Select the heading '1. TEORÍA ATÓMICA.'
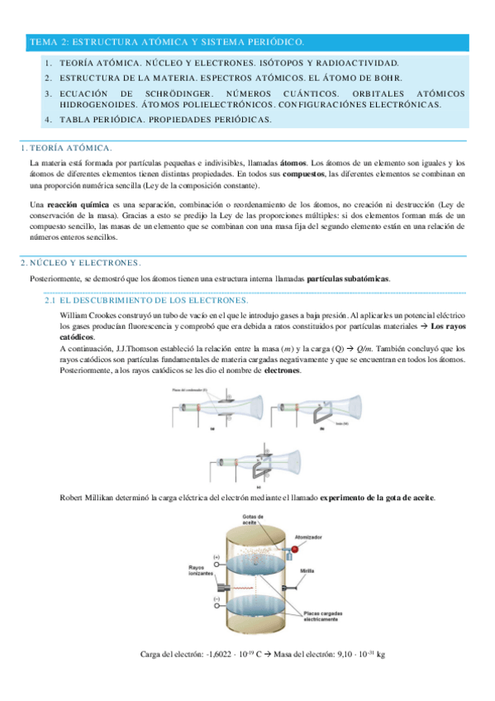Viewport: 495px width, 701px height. pyautogui.click(x=66, y=148)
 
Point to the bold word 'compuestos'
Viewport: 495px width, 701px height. pyautogui.click(x=303, y=174)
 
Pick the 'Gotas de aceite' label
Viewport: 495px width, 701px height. pyautogui.click(x=253, y=520)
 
